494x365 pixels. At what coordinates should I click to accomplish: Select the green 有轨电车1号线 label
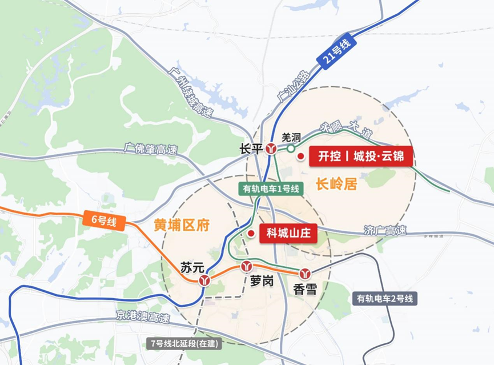(271, 189)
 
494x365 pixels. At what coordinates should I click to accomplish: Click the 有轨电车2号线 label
(385, 298)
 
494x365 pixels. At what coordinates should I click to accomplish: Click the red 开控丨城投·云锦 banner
(361, 155)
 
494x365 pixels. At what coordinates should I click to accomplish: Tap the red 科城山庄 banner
(288, 233)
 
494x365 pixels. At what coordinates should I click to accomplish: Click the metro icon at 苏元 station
(204, 280)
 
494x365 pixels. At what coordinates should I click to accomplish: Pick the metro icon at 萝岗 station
(247, 266)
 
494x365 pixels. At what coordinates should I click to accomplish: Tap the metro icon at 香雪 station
(305, 274)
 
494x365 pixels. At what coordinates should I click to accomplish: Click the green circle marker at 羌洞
(291, 149)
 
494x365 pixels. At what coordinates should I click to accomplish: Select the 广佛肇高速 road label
(150, 150)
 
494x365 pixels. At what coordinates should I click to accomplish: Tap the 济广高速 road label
(385, 231)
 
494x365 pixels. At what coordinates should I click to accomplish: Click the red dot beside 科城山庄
(250, 234)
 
